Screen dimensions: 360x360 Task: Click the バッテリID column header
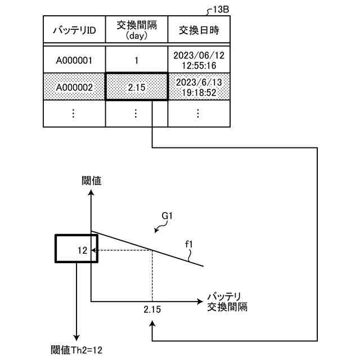coord(74,30)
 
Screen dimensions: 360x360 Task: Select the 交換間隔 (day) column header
coord(137,30)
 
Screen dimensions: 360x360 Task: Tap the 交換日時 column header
coord(198,30)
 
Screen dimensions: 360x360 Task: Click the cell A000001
coord(74,59)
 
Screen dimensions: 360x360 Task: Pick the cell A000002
coord(74,87)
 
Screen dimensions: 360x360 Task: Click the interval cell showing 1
coord(137,59)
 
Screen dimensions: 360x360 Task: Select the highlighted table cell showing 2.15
coord(137,87)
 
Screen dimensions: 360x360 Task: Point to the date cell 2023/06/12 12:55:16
coord(198,59)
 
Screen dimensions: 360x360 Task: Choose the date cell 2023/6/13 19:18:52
coord(198,87)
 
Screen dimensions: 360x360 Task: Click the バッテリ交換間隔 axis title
coord(227,302)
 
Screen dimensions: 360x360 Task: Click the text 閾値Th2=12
coord(77,349)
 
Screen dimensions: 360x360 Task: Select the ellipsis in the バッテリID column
coord(74,113)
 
